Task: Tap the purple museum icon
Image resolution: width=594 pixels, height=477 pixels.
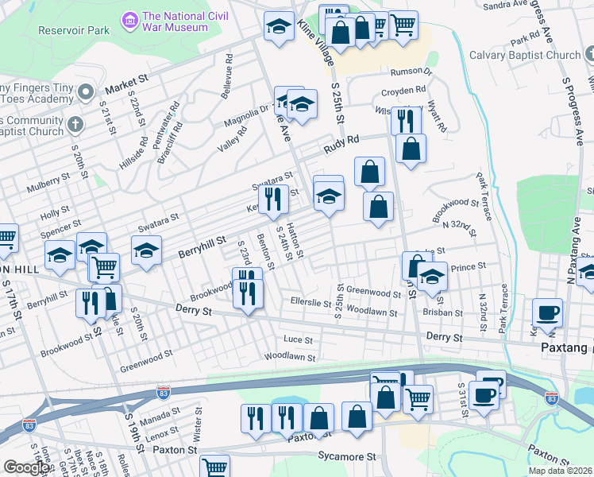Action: coord(128,18)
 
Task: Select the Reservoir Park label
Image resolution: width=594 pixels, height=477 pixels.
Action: coord(72,30)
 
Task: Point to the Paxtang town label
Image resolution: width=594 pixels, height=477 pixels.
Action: coord(565,347)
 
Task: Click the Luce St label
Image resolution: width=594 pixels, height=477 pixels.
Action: coord(299,339)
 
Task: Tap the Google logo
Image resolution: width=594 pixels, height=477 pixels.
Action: coord(26,467)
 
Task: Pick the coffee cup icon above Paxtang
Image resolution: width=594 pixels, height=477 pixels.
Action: coord(547,312)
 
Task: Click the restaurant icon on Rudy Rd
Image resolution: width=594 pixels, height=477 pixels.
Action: coord(405,121)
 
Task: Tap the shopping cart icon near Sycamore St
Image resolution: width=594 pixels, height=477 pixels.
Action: coord(214,467)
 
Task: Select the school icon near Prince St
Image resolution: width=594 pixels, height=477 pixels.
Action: coord(432,277)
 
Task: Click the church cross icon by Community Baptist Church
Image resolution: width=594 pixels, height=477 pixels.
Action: coord(75,125)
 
